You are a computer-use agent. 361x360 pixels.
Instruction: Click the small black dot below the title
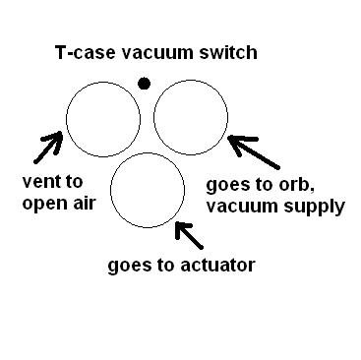pyautogui.click(x=145, y=85)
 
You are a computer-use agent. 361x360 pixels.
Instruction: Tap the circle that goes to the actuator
pyautogui.click(x=148, y=191)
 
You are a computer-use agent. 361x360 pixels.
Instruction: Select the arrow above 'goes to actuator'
pyautogui.click(x=191, y=235)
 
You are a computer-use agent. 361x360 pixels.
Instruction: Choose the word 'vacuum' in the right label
pyautogui.click(x=242, y=207)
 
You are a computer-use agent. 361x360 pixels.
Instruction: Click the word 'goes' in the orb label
pyautogui.click(x=228, y=185)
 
